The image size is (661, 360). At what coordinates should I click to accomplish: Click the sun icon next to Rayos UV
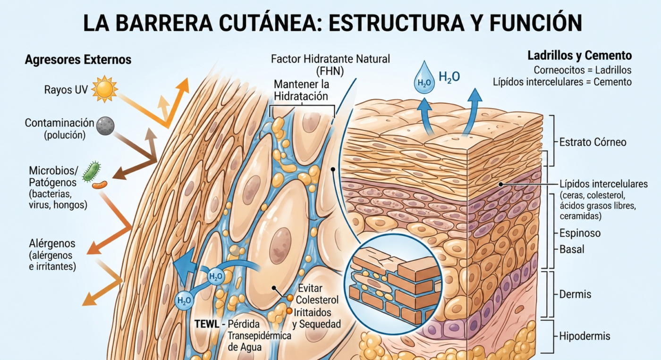tap(104, 89)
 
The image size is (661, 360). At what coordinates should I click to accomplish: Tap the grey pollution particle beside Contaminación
tap(105, 126)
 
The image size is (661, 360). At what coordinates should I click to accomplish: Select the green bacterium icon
tap(92, 172)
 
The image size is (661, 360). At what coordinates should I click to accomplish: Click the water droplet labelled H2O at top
tap(424, 77)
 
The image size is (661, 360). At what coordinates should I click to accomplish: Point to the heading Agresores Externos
tap(78, 60)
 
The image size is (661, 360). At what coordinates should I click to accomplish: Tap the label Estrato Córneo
tap(593, 142)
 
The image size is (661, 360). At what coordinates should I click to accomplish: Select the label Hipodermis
tap(585, 336)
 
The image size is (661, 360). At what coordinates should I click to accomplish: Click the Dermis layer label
tap(575, 294)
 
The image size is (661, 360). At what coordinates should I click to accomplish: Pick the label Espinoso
tap(580, 233)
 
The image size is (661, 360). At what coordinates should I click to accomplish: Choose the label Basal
tap(572, 249)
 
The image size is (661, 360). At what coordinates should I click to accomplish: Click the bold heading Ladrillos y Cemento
tap(579, 56)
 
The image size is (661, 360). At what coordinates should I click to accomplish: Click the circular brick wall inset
tap(393, 279)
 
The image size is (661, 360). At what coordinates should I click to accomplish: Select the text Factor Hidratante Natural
tap(330, 59)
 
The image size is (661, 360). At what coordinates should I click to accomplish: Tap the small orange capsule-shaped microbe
tap(100, 184)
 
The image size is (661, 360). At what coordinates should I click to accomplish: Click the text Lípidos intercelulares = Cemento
tap(562, 82)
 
